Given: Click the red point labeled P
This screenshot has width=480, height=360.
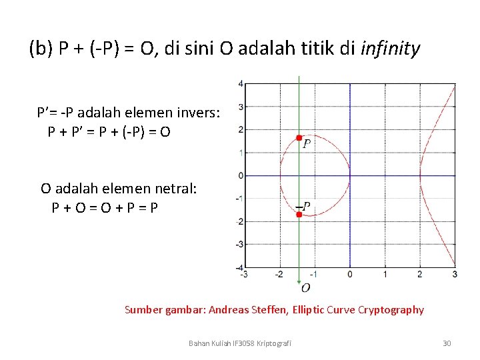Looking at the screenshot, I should (299, 138).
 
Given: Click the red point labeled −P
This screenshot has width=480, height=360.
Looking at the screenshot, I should (299, 215).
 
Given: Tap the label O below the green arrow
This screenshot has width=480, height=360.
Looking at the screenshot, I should (305, 287).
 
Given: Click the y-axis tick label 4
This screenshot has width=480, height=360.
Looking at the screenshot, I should (241, 84).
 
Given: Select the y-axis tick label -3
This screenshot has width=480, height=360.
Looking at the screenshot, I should (239, 245).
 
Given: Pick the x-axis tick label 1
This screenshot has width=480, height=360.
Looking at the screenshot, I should (385, 274).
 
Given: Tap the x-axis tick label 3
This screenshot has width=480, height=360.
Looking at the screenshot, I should (455, 274).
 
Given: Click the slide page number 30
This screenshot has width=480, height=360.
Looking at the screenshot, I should (447, 343).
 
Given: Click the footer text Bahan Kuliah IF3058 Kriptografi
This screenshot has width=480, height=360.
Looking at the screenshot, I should (239, 343).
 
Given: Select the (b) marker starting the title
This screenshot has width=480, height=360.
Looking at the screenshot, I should (41, 49).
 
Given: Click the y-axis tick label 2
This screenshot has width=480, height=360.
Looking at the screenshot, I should (241, 129).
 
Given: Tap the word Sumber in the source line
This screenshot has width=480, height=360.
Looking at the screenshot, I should (142, 309).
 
